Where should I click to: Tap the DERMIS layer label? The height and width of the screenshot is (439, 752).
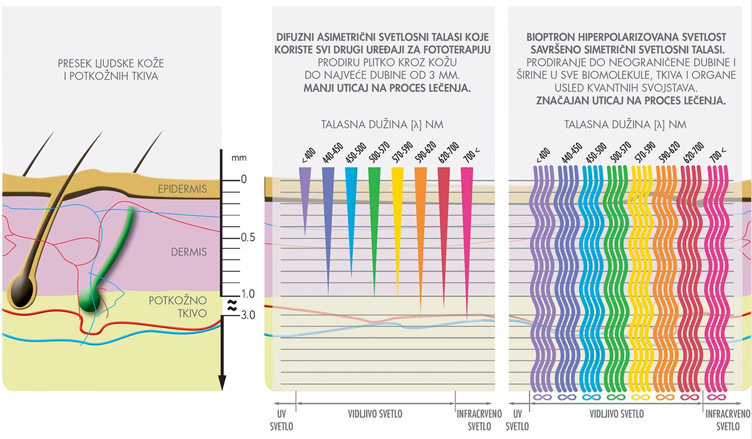click(x=189, y=252)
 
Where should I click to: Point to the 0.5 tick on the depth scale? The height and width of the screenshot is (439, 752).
click(x=248, y=239)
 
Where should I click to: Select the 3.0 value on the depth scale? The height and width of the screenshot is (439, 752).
click(x=248, y=316)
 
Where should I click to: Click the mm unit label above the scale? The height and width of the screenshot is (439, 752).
click(x=239, y=158)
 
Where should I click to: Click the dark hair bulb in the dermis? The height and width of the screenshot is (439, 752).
click(x=24, y=293)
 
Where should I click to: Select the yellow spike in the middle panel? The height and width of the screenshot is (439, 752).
click(x=397, y=213)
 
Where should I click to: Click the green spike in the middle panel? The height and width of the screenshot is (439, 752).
click(x=374, y=219)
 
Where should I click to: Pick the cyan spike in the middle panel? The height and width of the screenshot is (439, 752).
click(x=351, y=207)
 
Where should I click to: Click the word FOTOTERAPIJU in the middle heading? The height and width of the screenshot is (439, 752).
click(x=459, y=49)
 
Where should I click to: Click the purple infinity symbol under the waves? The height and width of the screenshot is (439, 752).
click(x=541, y=397)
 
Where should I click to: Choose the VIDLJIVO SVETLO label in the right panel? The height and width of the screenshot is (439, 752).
click(x=617, y=414)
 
